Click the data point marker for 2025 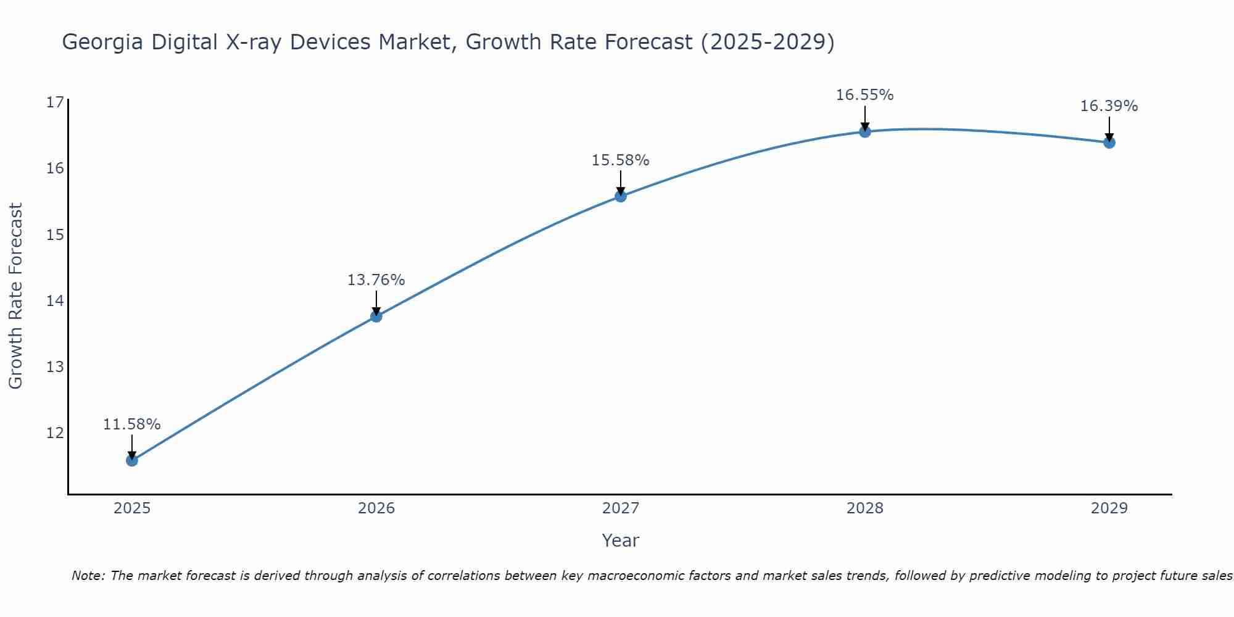click(132, 460)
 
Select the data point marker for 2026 click(376, 317)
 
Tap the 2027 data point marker click(621, 196)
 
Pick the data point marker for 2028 click(865, 131)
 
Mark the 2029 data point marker click(1109, 143)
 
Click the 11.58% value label click(131, 424)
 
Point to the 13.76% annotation click(376, 280)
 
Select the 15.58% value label click(620, 160)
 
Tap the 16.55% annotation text click(864, 95)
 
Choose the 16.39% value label click(1109, 106)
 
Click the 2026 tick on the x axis click(376, 508)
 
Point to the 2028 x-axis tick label click(865, 508)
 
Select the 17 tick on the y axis click(55, 102)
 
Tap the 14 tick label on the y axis click(55, 300)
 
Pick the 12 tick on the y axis click(55, 433)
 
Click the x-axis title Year click(620, 540)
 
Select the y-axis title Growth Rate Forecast click(15, 296)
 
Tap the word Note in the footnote click(88, 576)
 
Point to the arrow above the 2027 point click(621, 182)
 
